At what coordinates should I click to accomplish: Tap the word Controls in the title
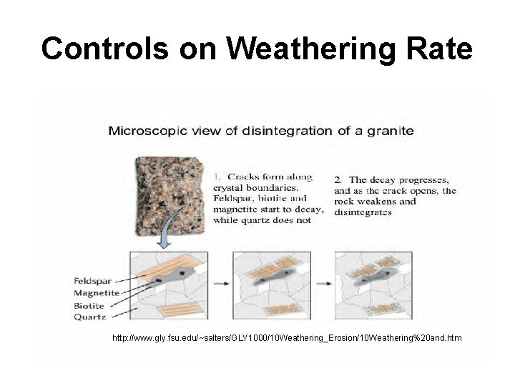coord(105,49)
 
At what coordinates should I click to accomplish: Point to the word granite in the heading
coord(390,131)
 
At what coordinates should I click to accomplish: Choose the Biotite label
coord(89,305)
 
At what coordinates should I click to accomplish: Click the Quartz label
coord(89,316)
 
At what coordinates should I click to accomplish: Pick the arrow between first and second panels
coord(220,283)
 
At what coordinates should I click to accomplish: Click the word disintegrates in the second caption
coord(363,212)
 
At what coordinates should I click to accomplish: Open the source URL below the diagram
coord(287,336)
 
